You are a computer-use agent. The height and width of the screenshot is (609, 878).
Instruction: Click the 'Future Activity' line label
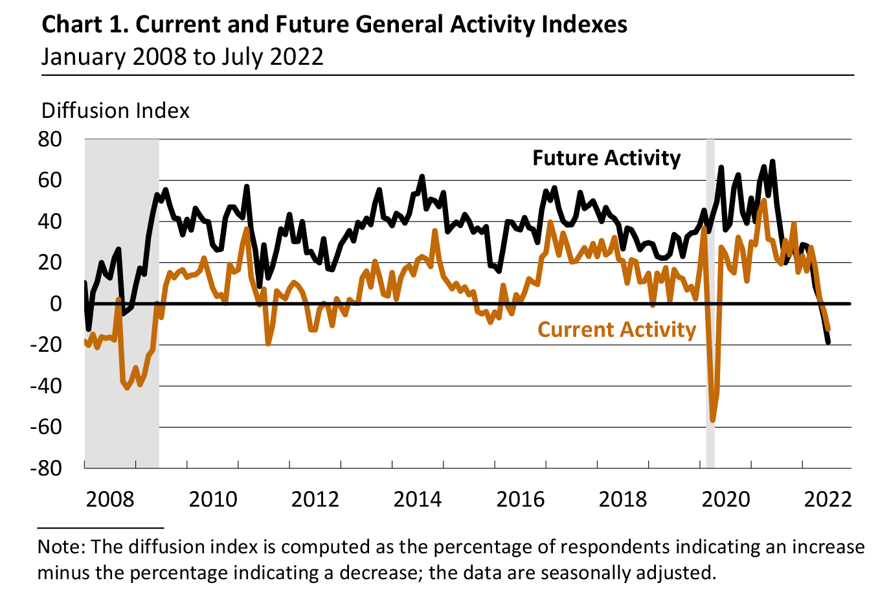(x=606, y=158)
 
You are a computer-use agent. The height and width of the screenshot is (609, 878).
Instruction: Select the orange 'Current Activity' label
(x=616, y=330)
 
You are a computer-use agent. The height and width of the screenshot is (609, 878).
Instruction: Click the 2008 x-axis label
(x=110, y=500)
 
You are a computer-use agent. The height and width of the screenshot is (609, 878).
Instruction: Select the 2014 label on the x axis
(x=418, y=500)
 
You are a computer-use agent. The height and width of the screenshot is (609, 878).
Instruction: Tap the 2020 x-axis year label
(x=726, y=500)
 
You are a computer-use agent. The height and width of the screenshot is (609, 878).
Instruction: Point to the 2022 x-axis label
(x=827, y=500)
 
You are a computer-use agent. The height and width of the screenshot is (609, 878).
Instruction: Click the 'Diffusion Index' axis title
(x=115, y=111)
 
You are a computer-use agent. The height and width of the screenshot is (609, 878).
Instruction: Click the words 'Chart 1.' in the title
(x=85, y=25)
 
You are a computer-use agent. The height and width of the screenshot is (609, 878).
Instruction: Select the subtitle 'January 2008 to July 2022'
(x=182, y=57)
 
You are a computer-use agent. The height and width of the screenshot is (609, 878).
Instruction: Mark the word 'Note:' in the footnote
(x=61, y=547)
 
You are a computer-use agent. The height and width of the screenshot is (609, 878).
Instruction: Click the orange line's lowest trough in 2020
(x=713, y=420)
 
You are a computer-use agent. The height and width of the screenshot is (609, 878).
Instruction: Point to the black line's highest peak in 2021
(x=772, y=161)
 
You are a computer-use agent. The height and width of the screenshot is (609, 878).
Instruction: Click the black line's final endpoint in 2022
(x=828, y=342)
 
